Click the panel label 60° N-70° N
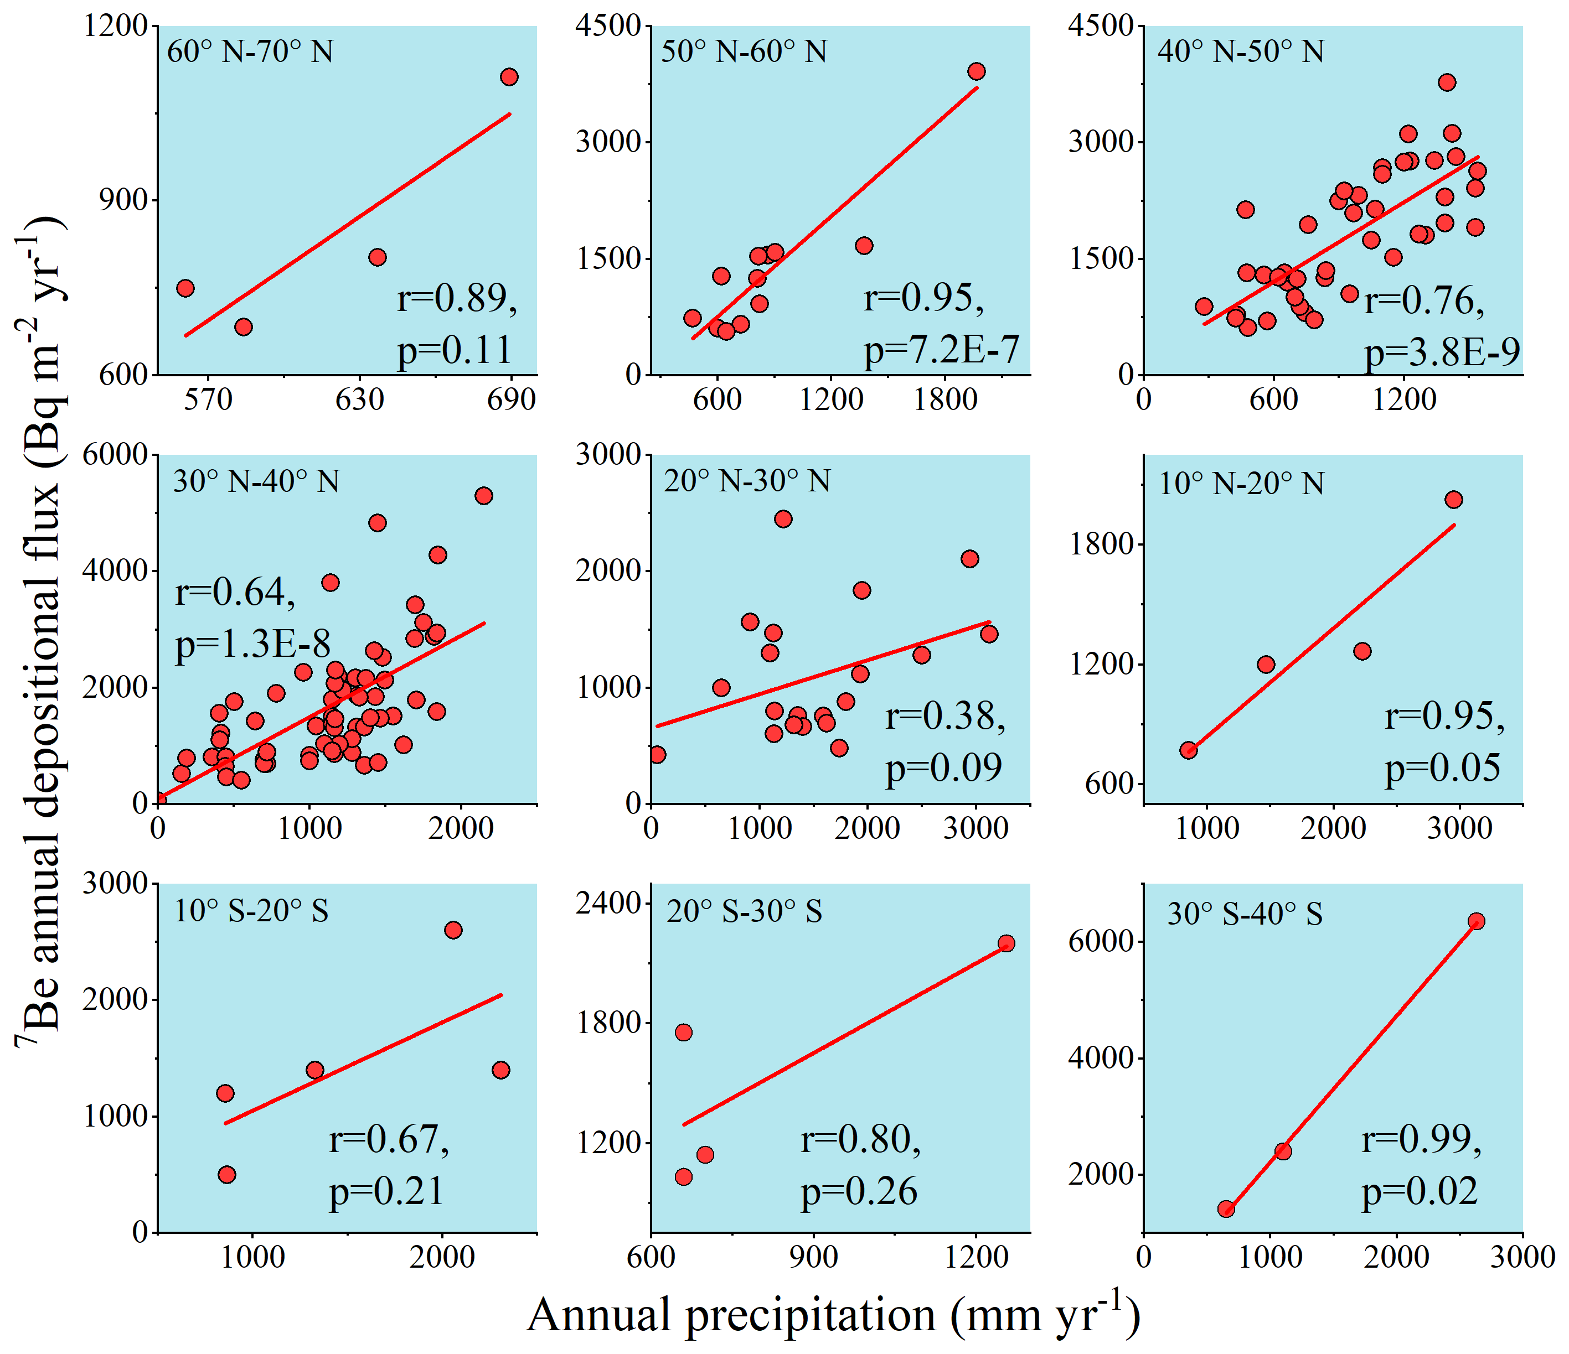pyautogui.click(x=250, y=51)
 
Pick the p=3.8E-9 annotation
pyautogui.click(x=1442, y=351)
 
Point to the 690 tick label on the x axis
pyautogui.click(x=511, y=399)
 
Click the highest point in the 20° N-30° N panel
pyautogui.click(x=783, y=518)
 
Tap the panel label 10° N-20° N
pyautogui.click(x=1241, y=483)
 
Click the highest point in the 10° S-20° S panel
pyautogui.click(x=453, y=930)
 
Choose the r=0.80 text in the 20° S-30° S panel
pyautogui.click(x=860, y=1139)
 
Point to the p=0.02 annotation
pyautogui.click(x=1419, y=1191)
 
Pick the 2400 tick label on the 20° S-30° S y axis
pyautogui.click(x=608, y=903)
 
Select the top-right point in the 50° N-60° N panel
pyautogui.click(x=977, y=72)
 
